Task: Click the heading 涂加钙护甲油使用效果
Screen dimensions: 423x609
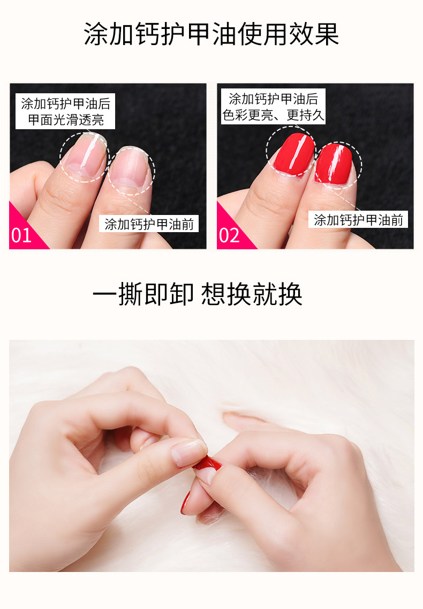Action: [211, 34]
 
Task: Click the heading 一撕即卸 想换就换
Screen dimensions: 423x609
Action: [198, 294]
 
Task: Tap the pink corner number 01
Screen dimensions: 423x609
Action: [21, 235]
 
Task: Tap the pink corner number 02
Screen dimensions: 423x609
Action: [229, 235]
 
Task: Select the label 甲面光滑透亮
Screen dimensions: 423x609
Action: [66, 120]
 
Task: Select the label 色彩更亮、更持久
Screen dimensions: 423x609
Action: [273, 115]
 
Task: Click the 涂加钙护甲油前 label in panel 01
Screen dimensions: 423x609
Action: [149, 224]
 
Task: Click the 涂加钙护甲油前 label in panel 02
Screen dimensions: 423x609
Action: [358, 220]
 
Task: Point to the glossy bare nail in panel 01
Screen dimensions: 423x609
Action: [84, 156]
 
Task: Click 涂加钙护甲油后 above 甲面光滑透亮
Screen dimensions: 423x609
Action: [66, 103]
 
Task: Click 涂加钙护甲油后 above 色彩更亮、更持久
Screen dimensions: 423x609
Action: [273, 99]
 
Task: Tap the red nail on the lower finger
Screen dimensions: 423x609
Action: [185, 502]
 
